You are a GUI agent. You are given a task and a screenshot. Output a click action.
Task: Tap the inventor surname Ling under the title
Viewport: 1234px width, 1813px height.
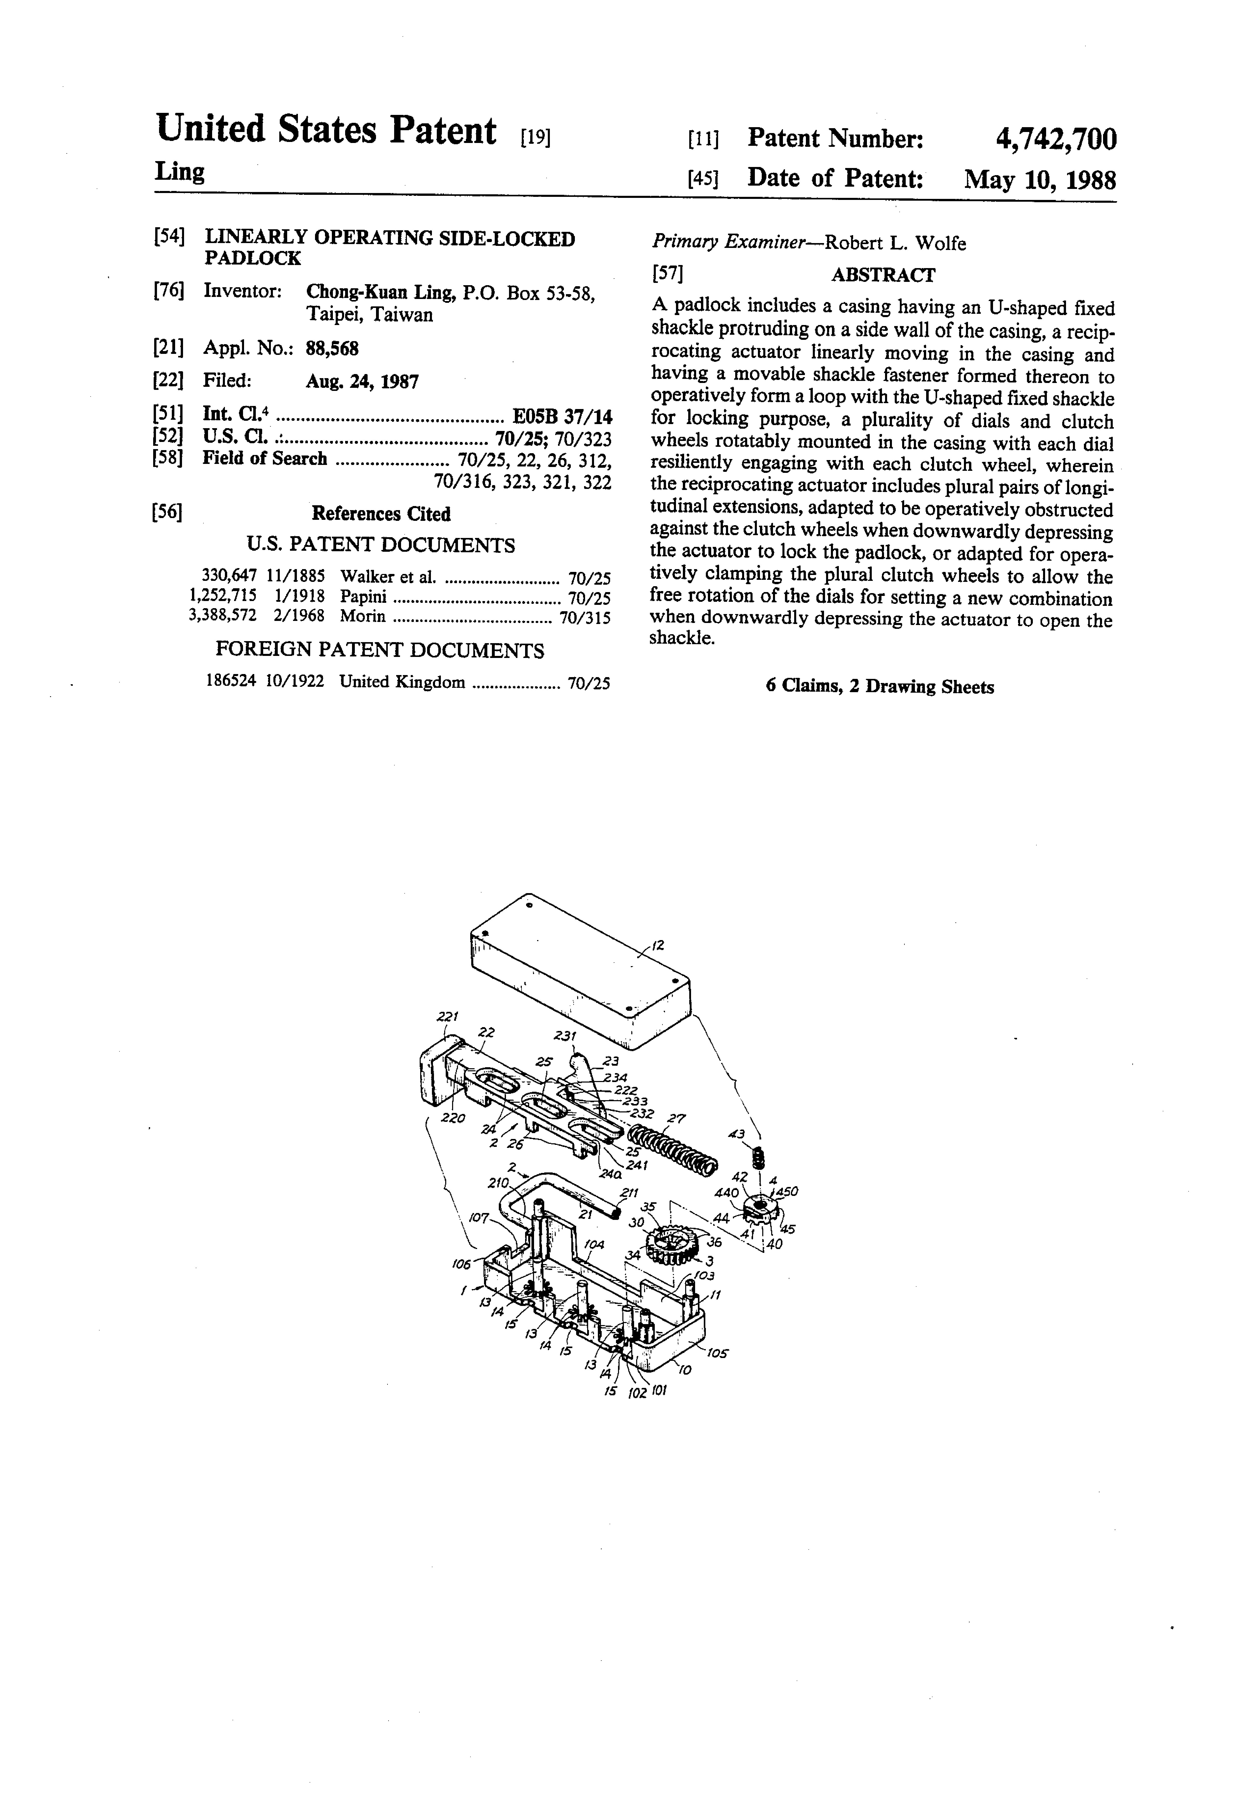(x=180, y=172)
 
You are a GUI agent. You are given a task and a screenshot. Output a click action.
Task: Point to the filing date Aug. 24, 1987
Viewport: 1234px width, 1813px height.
(x=362, y=381)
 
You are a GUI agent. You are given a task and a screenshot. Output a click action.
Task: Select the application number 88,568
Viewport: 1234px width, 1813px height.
(x=332, y=348)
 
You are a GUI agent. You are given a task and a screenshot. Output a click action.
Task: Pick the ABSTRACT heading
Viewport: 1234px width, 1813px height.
(x=883, y=275)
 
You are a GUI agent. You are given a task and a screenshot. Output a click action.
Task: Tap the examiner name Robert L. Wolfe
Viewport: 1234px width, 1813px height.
(x=896, y=243)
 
